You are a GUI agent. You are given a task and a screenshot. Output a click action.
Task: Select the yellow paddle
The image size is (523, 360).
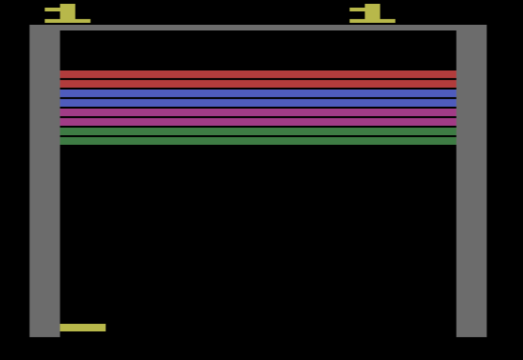click(x=82, y=328)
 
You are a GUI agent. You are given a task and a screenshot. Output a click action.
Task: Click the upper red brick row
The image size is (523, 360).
click(x=258, y=74)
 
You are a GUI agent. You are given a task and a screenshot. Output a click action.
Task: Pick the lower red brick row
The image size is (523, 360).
click(x=258, y=84)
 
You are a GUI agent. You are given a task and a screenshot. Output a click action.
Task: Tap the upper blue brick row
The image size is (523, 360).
click(x=258, y=93)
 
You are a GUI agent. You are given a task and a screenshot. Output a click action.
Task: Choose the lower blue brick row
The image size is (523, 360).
click(x=258, y=103)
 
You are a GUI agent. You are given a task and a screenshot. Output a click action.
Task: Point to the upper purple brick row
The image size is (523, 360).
click(x=258, y=112)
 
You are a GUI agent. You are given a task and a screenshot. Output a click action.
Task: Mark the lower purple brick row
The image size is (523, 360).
click(x=258, y=122)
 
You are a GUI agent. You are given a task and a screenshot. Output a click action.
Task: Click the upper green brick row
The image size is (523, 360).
click(x=258, y=131)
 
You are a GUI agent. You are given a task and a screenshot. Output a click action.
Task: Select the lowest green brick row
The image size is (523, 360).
click(x=258, y=141)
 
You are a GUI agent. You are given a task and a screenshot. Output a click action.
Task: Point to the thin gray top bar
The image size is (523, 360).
click(x=258, y=28)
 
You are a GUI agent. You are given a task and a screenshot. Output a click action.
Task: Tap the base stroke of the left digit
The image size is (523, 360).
click(x=67, y=21)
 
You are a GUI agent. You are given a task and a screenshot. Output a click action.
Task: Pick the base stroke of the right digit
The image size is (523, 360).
click(x=372, y=21)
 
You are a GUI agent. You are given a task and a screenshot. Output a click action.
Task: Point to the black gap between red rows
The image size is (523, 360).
click(x=258, y=79)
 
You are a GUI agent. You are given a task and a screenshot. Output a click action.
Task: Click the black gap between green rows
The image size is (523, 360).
click(x=258, y=136)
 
